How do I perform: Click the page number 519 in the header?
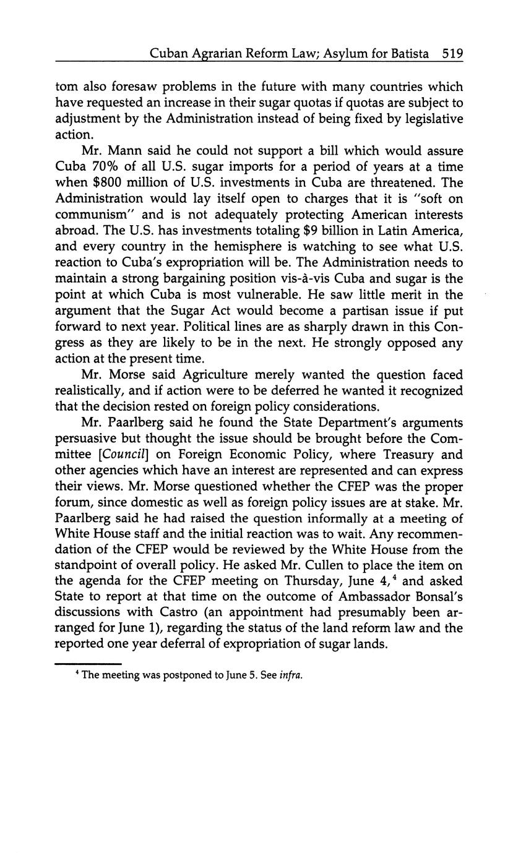(x=453, y=54)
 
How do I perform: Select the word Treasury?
(x=385, y=455)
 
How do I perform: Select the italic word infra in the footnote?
(x=291, y=675)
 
